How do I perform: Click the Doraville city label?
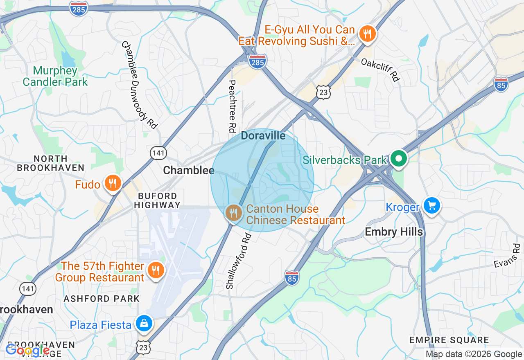pos(263,136)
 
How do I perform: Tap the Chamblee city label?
pos(189,170)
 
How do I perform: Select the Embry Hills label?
pos(394,232)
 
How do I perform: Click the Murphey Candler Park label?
pos(55,76)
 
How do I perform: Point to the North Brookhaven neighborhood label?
pos(51,163)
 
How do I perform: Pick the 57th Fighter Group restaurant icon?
pos(156,270)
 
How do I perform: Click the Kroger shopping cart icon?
pos(431,205)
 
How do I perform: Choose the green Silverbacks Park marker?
pos(398,159)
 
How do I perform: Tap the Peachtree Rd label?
pos(232,106)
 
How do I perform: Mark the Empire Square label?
pos(449,340)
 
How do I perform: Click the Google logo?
pos(27,350)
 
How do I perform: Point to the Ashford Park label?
pos(102,299)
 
